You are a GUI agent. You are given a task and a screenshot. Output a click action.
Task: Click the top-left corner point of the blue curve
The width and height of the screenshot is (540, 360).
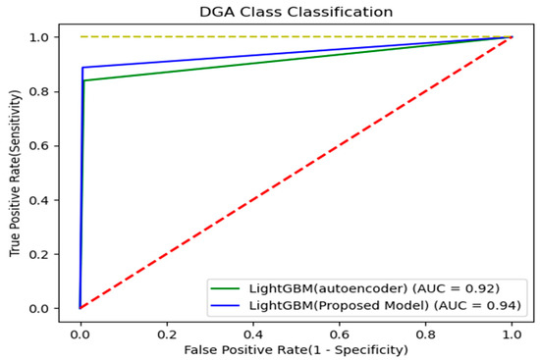pyautogui.click(x=83, y=68)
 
